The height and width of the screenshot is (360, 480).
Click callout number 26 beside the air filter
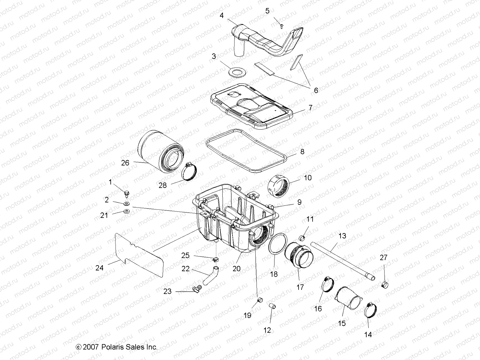[x=125, y=163]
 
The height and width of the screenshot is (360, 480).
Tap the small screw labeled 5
[x=282, y=26]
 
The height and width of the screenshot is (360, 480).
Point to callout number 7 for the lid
[x=310, y=107]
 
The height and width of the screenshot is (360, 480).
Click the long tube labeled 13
[x=342, y=261]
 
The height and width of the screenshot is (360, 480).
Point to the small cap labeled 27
[x=385, y=284]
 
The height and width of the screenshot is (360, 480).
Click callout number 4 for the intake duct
[x=221, y=15]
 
